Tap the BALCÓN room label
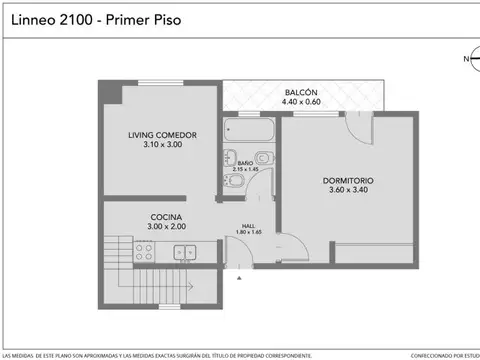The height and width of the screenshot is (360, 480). [x=301, y=90]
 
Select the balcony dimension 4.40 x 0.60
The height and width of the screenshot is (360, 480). [x=301, y=101]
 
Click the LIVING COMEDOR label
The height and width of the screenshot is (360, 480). [x=161, y=134]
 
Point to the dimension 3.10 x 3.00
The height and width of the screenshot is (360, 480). [x=161, y=145]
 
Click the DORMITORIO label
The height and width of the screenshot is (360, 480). [x=347, y=180]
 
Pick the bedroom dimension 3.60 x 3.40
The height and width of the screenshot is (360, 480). [x=347, y=191]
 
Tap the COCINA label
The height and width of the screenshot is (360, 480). [x=165, y=216]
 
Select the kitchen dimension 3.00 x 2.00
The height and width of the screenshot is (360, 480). [x=165, y=227]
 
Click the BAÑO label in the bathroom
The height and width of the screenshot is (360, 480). [x=247, y=162]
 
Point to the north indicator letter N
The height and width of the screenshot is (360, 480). [x=464, y=60]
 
